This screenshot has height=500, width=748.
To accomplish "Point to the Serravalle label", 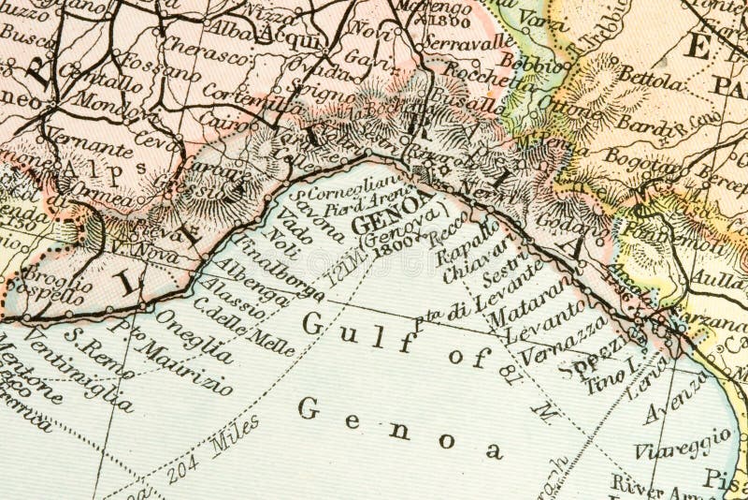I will pyautogui.click(x=468, y=41).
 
